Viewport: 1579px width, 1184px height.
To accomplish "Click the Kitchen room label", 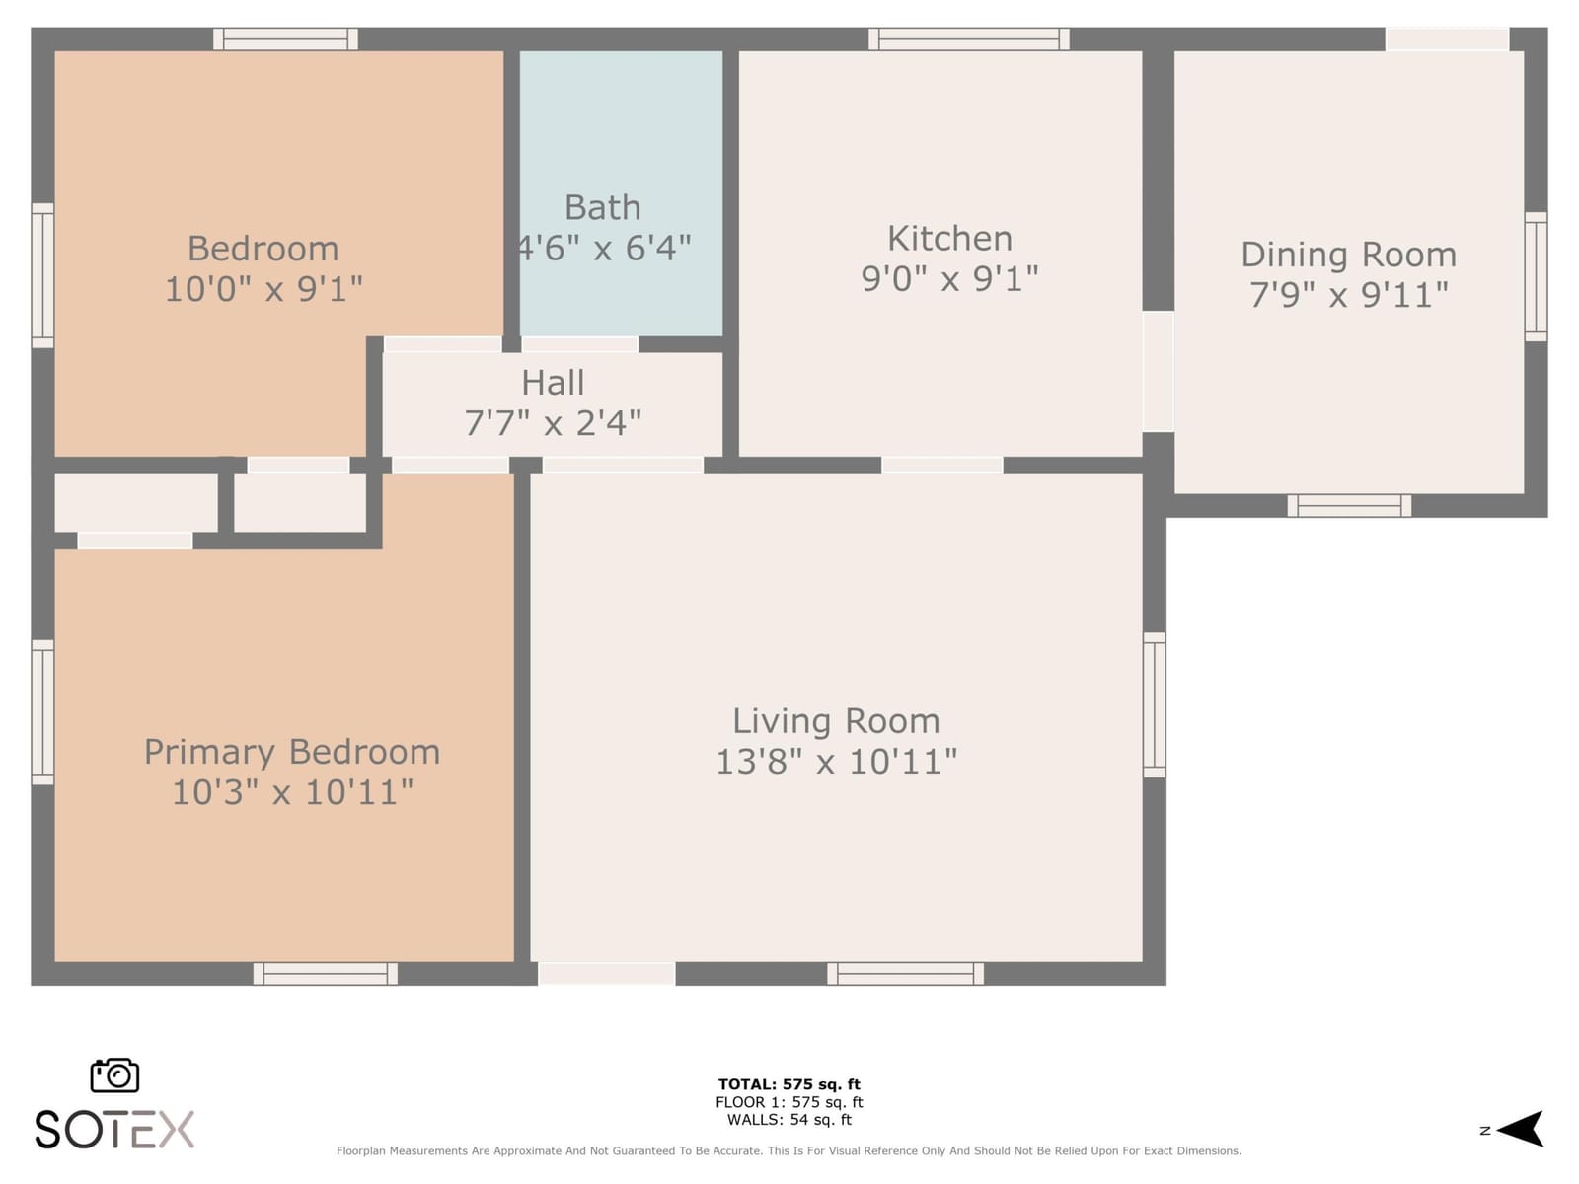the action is tap(949, 238).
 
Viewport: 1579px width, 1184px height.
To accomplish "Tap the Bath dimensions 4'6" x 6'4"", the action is tap(604, 248).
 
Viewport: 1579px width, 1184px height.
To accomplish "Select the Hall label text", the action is tap(553, 383).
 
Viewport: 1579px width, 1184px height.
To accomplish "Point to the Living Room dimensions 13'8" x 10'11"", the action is tap(837, 762).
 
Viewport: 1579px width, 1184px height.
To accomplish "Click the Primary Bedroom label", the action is tap(292, 752).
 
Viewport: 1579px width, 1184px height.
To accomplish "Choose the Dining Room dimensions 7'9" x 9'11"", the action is tap(1349, 295).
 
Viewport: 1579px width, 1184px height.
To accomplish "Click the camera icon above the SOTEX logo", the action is tap(114, 1074).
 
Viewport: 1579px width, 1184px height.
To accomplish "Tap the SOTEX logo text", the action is tap(114, 1130).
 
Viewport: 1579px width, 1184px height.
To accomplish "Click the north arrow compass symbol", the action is tap(1519, 1129).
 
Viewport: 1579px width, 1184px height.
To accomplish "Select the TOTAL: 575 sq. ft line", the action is tap(789, 1084).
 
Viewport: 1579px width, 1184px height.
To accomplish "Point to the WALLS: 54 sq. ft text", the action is tap(789, 1119).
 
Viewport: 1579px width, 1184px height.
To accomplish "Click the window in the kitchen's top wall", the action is tap(969, 38).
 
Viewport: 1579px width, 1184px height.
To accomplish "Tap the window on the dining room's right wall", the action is tap(1536, 277).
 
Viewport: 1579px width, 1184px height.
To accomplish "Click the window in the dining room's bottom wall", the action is tap(1349, 505).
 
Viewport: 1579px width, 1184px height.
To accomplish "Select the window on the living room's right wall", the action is tap(1155, 704).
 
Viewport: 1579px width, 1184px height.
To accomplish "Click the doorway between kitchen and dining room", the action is tap(1159, 372).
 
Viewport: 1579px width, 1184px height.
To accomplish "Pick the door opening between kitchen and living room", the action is tap(942, 465).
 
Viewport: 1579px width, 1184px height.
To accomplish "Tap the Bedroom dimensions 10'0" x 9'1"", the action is tap(264, 289).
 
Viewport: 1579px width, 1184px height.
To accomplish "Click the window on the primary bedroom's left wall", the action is tap(42, 712).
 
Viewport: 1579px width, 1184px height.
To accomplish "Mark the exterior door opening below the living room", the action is tap(606, 974).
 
